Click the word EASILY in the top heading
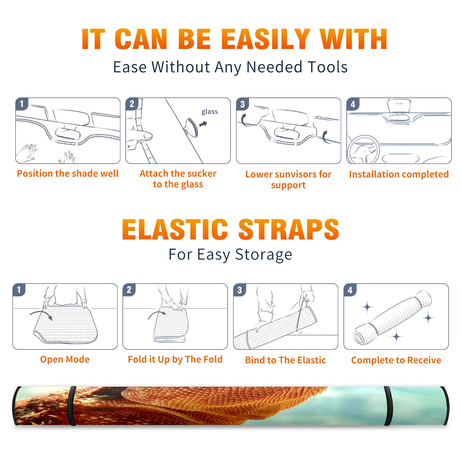(x=265, y=39)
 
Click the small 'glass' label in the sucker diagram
(x=209, y=112)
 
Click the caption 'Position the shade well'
(x=68, y=173)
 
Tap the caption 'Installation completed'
(x=399, y=174)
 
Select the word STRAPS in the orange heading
(x=289, y=229)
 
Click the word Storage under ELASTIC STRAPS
(x=264, y=255)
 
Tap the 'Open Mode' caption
(x=65, y=359)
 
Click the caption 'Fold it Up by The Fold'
(x=175, y=360)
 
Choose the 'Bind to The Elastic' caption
(x=286, y=360)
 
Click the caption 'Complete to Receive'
(x=396, y=360)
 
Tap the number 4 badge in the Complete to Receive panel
(x=350, y=290)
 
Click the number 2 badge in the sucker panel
(x=132, y=104)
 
